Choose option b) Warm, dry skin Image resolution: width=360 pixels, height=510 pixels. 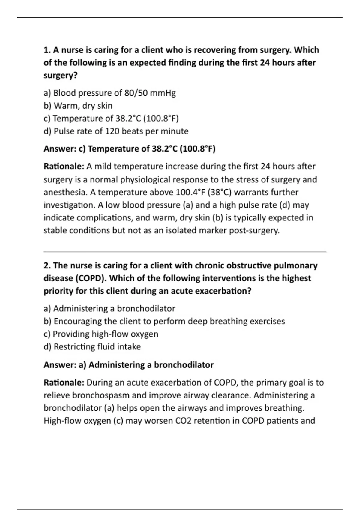(x=78, y=106)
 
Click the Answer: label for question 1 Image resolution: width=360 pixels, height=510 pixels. (x=60, y=149)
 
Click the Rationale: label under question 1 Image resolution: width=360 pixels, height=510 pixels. (x=64, y=166)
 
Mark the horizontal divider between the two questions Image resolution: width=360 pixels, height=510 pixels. (x=185, y=252)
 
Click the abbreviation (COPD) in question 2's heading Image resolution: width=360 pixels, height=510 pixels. (x=90, y=278)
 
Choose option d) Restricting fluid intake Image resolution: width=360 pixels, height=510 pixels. (x=92, y=347)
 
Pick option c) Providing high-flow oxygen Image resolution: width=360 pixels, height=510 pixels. (x=101, y=334)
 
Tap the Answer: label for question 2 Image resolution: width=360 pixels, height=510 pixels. (x=60, y=365)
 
